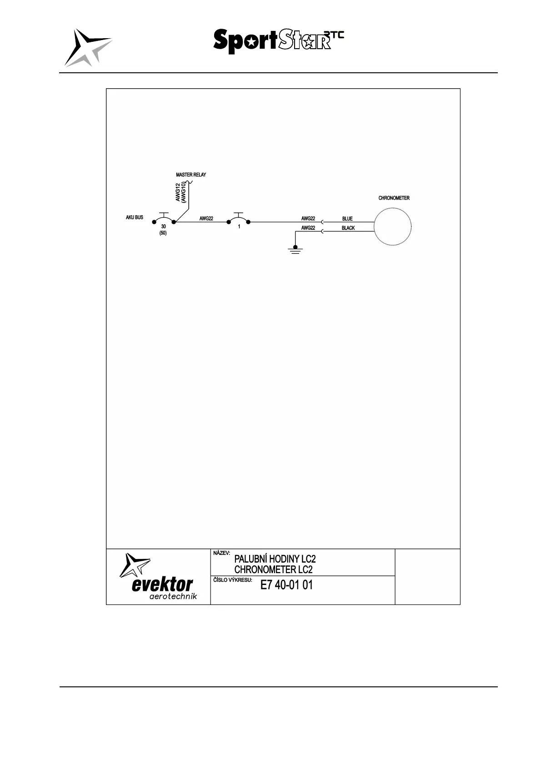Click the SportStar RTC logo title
pos(278,41)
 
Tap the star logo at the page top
pos(87,48)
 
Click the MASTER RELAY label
pos(191,175)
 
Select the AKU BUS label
pos(135,217)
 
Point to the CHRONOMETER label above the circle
pos(394,198)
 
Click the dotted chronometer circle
pos(393,226)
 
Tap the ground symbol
pos(296,249)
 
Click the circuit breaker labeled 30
pos(164,218)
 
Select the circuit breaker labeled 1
pos(239,218)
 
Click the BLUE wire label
pos(347,219)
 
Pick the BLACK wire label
pos(348,228)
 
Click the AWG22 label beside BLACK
pos(308,228)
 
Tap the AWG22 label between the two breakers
pos(206,219)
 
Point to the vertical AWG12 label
pos(178,191)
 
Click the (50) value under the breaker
pos(163,233)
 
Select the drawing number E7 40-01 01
pos(286,585)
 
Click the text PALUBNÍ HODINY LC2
pos(275,559)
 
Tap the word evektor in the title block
pos(162,585)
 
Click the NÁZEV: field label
pos(222,554)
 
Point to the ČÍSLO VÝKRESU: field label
pos(232,580)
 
